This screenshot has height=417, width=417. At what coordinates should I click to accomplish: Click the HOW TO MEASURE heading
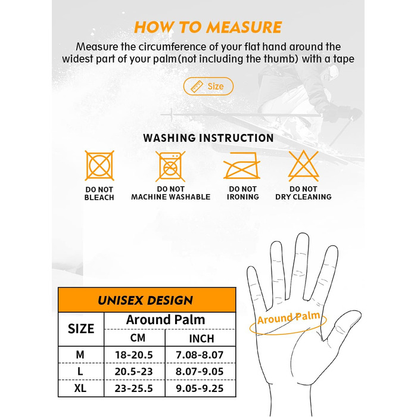[208, 27]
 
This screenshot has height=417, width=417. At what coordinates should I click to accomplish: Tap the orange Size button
[208, 86]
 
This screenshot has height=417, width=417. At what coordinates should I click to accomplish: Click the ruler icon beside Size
[197, 86]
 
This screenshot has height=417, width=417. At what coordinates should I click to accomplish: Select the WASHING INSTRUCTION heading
[208, 138]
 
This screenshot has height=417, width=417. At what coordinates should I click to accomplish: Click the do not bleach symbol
[99, 166]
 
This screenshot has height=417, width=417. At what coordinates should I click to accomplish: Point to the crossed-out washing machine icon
[170, 166]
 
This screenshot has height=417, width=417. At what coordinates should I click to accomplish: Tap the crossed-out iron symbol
[242, 166]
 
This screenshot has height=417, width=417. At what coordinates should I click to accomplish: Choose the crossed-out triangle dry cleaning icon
[303, 166]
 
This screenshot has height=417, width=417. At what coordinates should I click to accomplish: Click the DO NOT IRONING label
[243, 193]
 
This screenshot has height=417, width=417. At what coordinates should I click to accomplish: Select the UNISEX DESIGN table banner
[147, 300]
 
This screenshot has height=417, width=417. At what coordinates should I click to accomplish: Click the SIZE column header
[81, 329]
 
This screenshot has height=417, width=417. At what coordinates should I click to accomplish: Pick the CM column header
[138, 338]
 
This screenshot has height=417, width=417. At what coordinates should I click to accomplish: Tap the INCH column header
[201, 338]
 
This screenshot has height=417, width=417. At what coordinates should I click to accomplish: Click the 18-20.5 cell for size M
[134, 355]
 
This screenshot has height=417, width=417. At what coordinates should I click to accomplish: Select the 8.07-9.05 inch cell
[200, 372]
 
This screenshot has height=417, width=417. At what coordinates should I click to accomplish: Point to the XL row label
[80, 388]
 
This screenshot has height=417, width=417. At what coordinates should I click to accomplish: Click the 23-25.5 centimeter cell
[134, 388]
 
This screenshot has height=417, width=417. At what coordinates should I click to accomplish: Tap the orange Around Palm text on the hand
[288, 318]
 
